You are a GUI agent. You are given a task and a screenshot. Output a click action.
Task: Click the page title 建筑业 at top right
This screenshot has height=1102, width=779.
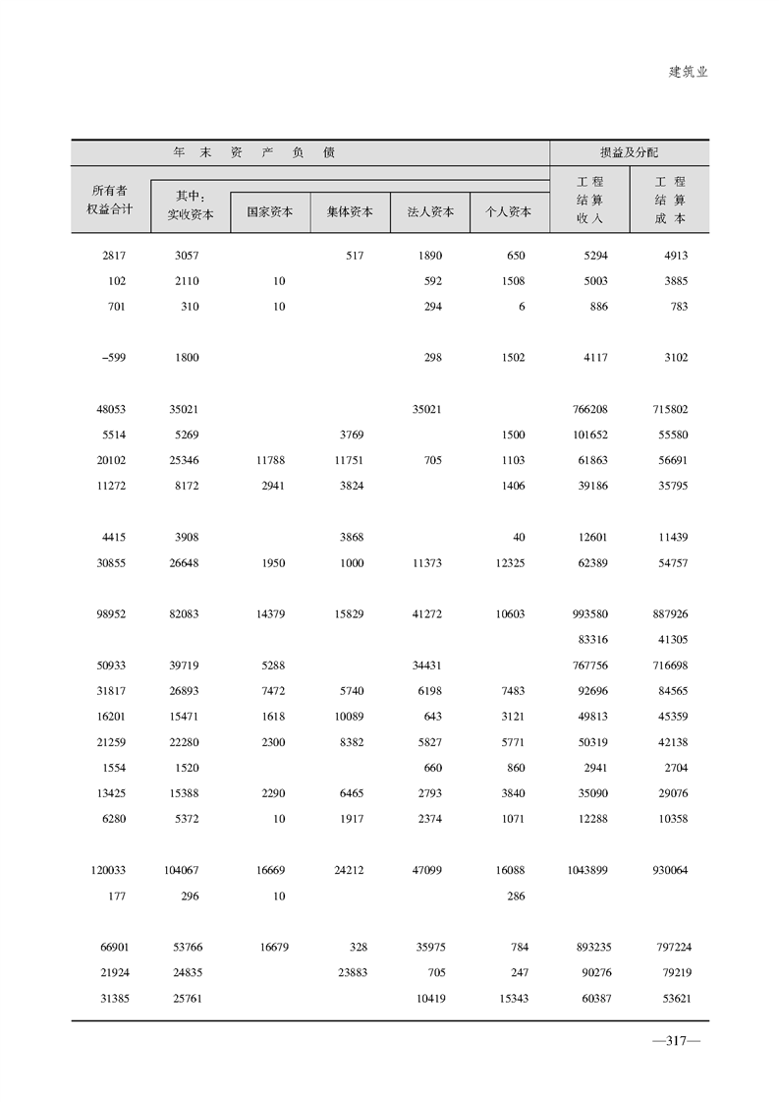coord(688,72)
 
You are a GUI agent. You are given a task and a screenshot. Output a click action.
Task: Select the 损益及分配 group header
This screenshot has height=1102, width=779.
coord(629,153)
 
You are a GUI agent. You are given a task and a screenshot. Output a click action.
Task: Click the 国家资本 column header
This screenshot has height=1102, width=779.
coord(270,211)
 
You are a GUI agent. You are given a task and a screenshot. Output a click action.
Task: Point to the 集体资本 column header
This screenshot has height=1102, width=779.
coord(350,211)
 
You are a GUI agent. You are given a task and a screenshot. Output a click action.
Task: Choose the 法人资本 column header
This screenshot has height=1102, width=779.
coord(430,211)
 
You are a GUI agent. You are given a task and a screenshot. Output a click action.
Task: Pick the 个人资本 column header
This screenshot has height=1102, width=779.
coord(509,211)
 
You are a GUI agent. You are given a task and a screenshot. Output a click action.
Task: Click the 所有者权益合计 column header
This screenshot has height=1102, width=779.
coord(112,200)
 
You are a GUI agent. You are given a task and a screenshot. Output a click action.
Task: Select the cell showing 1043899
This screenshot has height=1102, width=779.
coord(587,870)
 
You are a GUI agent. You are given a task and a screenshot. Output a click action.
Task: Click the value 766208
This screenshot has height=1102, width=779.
coord(590,409)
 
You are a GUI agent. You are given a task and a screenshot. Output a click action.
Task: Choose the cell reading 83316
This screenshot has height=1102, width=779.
coord(592,640)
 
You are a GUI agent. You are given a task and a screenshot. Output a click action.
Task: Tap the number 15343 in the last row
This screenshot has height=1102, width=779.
coord(508,999)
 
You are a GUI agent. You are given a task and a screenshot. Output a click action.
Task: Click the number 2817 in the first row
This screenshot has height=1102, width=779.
coord(115,256)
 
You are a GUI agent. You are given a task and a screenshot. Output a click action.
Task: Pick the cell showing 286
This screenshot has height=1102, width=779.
coord(515,896)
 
